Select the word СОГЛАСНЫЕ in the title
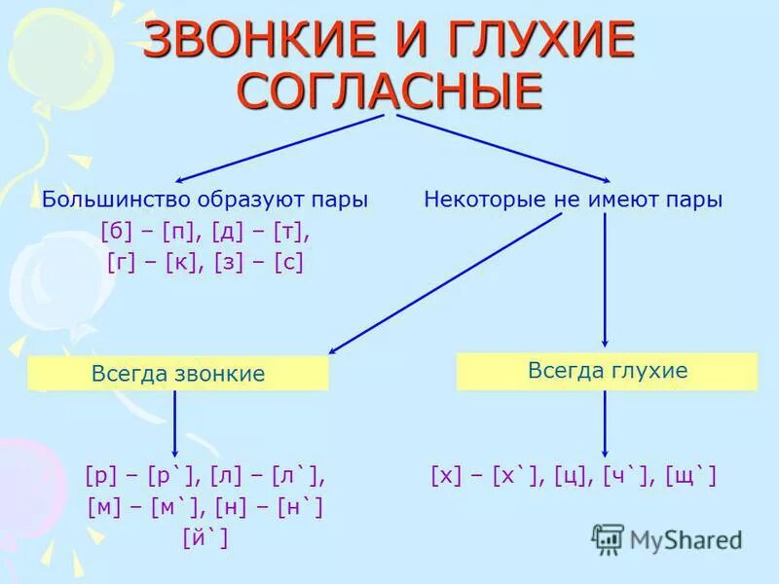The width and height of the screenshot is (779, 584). coord(389,91)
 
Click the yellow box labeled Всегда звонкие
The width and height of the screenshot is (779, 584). coord(178,374)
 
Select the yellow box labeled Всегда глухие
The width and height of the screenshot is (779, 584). coord(607,371)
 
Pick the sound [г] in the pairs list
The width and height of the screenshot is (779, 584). coord(119,263)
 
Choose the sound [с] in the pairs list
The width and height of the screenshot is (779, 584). coord(290,263)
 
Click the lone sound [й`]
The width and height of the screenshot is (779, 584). coord(204,537)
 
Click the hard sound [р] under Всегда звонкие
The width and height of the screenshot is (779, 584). coord(101,476)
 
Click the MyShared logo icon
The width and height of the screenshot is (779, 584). coord(608,539)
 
